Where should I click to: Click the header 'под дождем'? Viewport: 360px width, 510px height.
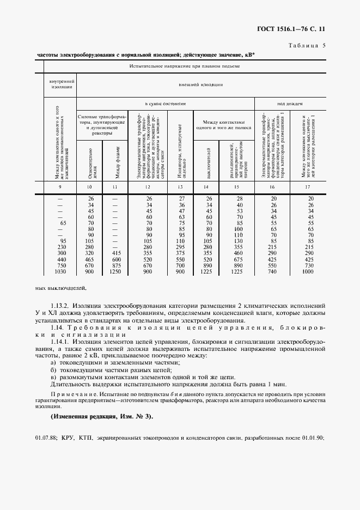(x=289, y=103)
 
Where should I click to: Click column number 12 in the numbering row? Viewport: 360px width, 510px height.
(x=148, y=187)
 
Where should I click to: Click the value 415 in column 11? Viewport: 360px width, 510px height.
(x=115, y=253)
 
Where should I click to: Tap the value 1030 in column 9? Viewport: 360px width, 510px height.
(x=60, y=271)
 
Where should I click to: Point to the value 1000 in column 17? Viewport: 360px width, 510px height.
(x=308, y=271)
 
